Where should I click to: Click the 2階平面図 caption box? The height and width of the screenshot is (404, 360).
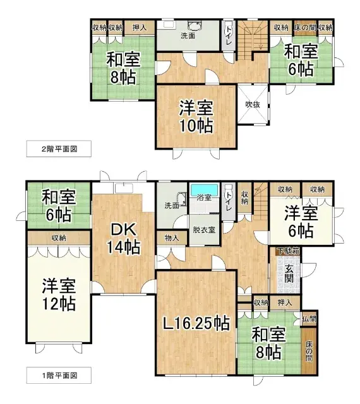[54, 150]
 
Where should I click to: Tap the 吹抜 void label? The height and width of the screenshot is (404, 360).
[255, 105]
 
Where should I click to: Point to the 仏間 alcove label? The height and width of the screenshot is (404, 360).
[309, 319]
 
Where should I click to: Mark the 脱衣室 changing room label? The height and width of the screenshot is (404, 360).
[203, 230]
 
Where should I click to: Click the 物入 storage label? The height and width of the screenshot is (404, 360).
[171, 238]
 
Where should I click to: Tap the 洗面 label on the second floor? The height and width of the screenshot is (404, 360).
[188, 36]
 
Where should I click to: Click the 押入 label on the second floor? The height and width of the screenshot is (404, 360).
[140, 27]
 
